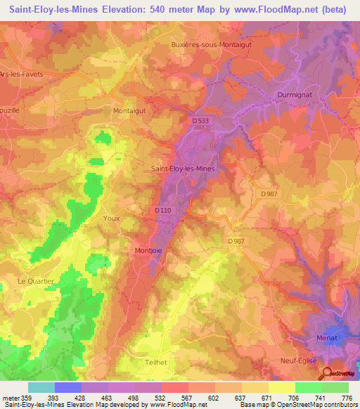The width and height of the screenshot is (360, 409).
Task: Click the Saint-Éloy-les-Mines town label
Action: [x=184, y=169]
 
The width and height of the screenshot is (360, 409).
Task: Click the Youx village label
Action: [x=111, y=218]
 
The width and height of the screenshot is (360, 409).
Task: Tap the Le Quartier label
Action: [x=35, y=280]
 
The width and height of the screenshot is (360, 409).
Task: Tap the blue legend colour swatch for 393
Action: [x=68, y=387]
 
